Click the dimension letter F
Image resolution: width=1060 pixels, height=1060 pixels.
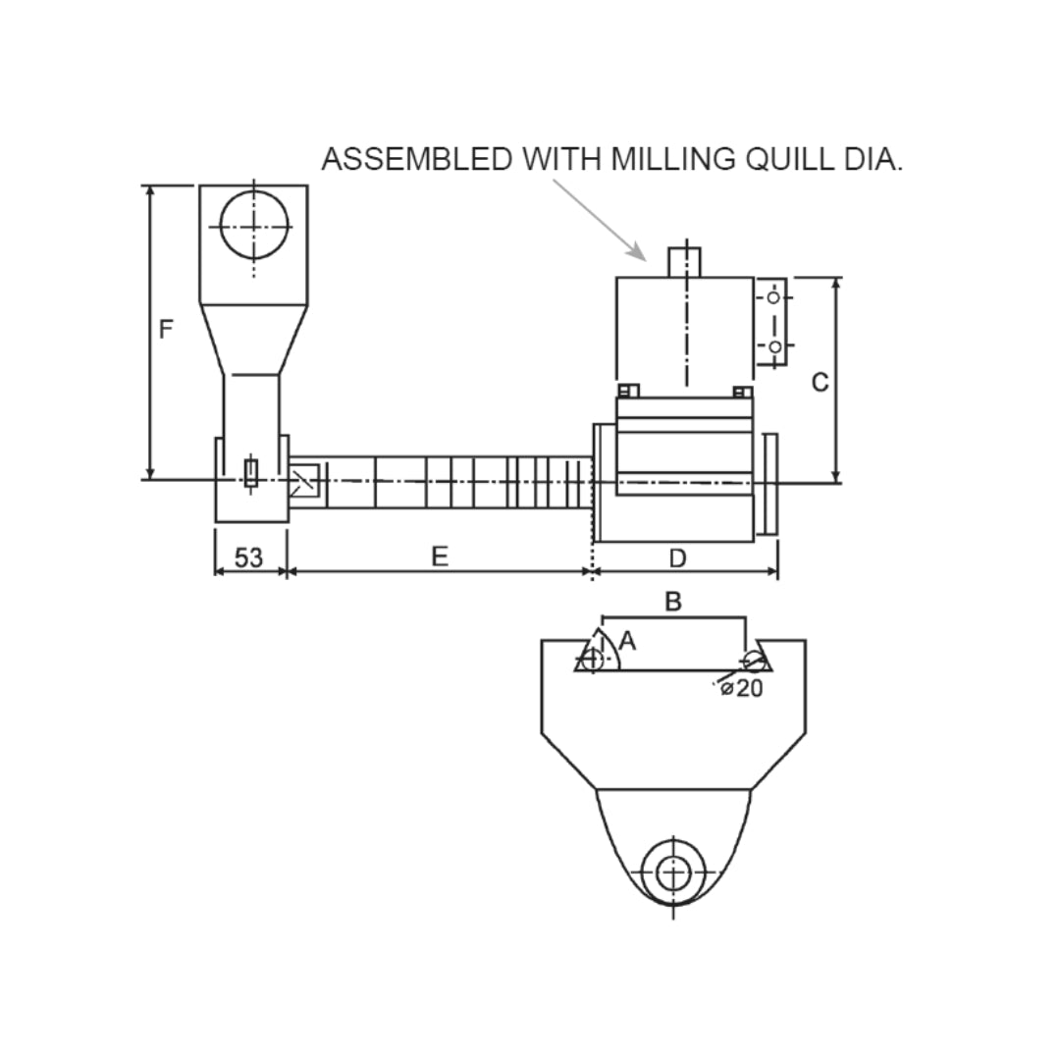[166, 329]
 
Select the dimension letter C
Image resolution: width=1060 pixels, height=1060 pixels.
[820, 382]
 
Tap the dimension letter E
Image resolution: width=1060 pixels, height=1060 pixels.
[440, 556]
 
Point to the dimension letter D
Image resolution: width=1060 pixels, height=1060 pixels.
[677, 557]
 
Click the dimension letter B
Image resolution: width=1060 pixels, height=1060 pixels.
[673, 602]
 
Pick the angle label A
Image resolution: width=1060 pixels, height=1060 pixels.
[629, 641]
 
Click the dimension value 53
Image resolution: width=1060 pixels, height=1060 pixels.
[249, 557]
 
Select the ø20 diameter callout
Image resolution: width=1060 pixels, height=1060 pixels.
[742, 688]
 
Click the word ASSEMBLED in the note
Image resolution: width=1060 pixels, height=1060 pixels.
[417, 159]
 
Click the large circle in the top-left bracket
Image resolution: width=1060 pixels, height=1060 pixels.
[254, 225]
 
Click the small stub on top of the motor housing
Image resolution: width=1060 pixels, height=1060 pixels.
[685, 262]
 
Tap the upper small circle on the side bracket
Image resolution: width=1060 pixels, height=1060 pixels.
[773, 296]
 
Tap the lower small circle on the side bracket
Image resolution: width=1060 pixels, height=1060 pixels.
[774, 346]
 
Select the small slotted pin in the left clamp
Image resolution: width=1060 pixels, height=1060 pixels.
[251, 472]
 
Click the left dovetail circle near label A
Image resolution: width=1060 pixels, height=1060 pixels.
[592, 660]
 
